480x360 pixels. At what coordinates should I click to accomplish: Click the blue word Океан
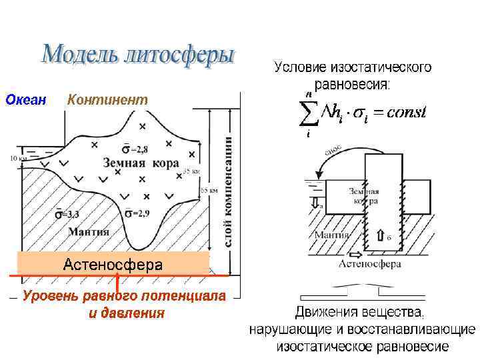point(25,100)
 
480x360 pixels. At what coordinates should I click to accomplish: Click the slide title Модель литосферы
point(138,55)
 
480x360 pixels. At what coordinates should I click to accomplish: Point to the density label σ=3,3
point(67,214)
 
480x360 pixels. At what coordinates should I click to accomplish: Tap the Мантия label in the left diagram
point(89,231)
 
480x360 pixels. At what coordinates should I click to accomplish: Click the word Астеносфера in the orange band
point(113,265)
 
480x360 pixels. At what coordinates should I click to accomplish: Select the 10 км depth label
point(19,159)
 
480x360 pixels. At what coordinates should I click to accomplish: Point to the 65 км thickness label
point(209,190)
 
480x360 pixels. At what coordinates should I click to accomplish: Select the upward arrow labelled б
point(381,235)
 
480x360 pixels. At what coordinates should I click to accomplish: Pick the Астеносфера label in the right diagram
point(369,264)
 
